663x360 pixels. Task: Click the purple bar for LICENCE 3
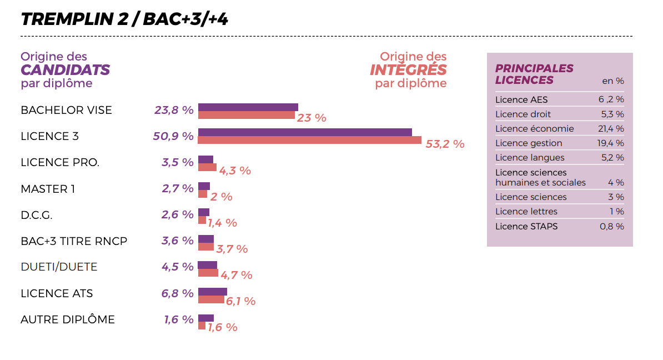click(x=305, y=132)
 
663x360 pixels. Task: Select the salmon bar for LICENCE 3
click(x=310, y=140)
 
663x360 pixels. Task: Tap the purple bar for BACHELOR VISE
click(x=248, y=107)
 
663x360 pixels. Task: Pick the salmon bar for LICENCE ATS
click(x=211, y=299)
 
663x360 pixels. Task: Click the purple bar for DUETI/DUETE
click(x=207, y=265)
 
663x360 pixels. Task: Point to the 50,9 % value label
click(x=173, y=136)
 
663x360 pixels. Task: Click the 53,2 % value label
click(x=445, y=144)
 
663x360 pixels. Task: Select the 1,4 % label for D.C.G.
click(x=223, y=223)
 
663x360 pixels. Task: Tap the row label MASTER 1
click(x=48, y=189)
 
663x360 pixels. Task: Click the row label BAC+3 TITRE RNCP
click(x=74, y=241)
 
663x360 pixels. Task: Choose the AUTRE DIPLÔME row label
click(x=68, y=319)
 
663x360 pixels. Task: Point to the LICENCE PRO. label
click(x=60, y=163)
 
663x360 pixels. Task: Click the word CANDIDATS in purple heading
click(x=65, y=70)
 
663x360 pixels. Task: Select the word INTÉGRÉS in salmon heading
click(x=408, y=69)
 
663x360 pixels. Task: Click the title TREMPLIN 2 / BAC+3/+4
click(x=124, y=19)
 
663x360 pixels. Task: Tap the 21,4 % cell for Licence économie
click(x=611, y=129)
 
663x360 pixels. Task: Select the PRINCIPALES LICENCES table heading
click(x=534, y=74)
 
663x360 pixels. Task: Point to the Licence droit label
click(x=523, y=114)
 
